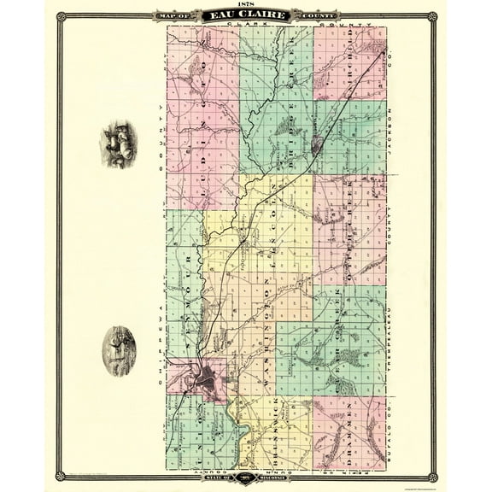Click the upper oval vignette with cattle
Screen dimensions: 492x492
(x=119, y=143)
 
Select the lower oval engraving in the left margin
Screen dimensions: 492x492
(x=119, y=350)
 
